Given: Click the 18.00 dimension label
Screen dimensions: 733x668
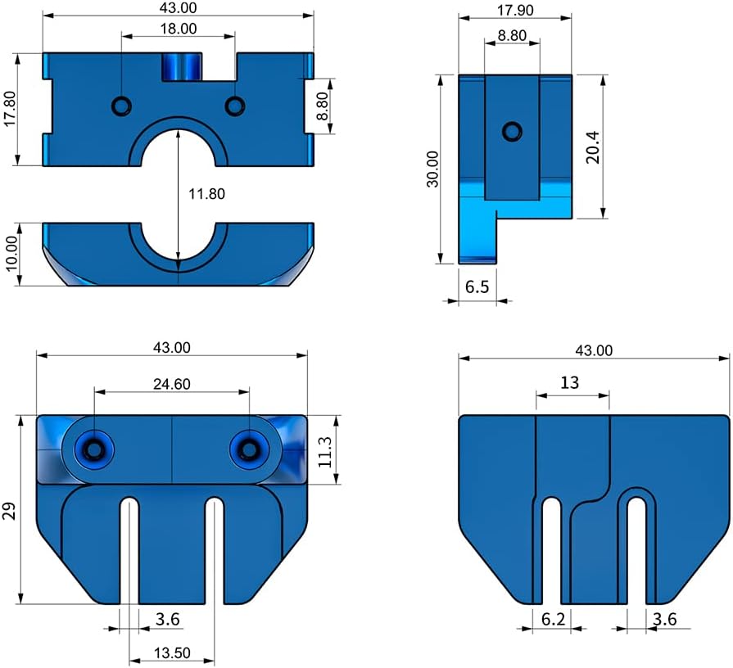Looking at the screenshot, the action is point(179,28).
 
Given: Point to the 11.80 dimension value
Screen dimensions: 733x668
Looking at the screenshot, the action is point(206,194).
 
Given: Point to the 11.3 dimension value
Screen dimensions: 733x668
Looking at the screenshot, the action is point(326,451).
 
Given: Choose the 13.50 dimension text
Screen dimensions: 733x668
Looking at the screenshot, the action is point(171,652).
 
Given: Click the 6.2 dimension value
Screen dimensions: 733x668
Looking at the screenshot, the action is point(554,620).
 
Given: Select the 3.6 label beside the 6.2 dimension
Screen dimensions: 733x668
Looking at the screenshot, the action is point(665,620).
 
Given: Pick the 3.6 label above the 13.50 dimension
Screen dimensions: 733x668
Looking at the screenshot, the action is point(168,620).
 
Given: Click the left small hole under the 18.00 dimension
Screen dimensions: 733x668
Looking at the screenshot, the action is point(122,105).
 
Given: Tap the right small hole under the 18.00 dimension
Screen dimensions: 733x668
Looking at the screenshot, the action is point(235,106).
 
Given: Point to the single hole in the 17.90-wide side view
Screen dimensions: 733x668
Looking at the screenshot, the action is point(513,130).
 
